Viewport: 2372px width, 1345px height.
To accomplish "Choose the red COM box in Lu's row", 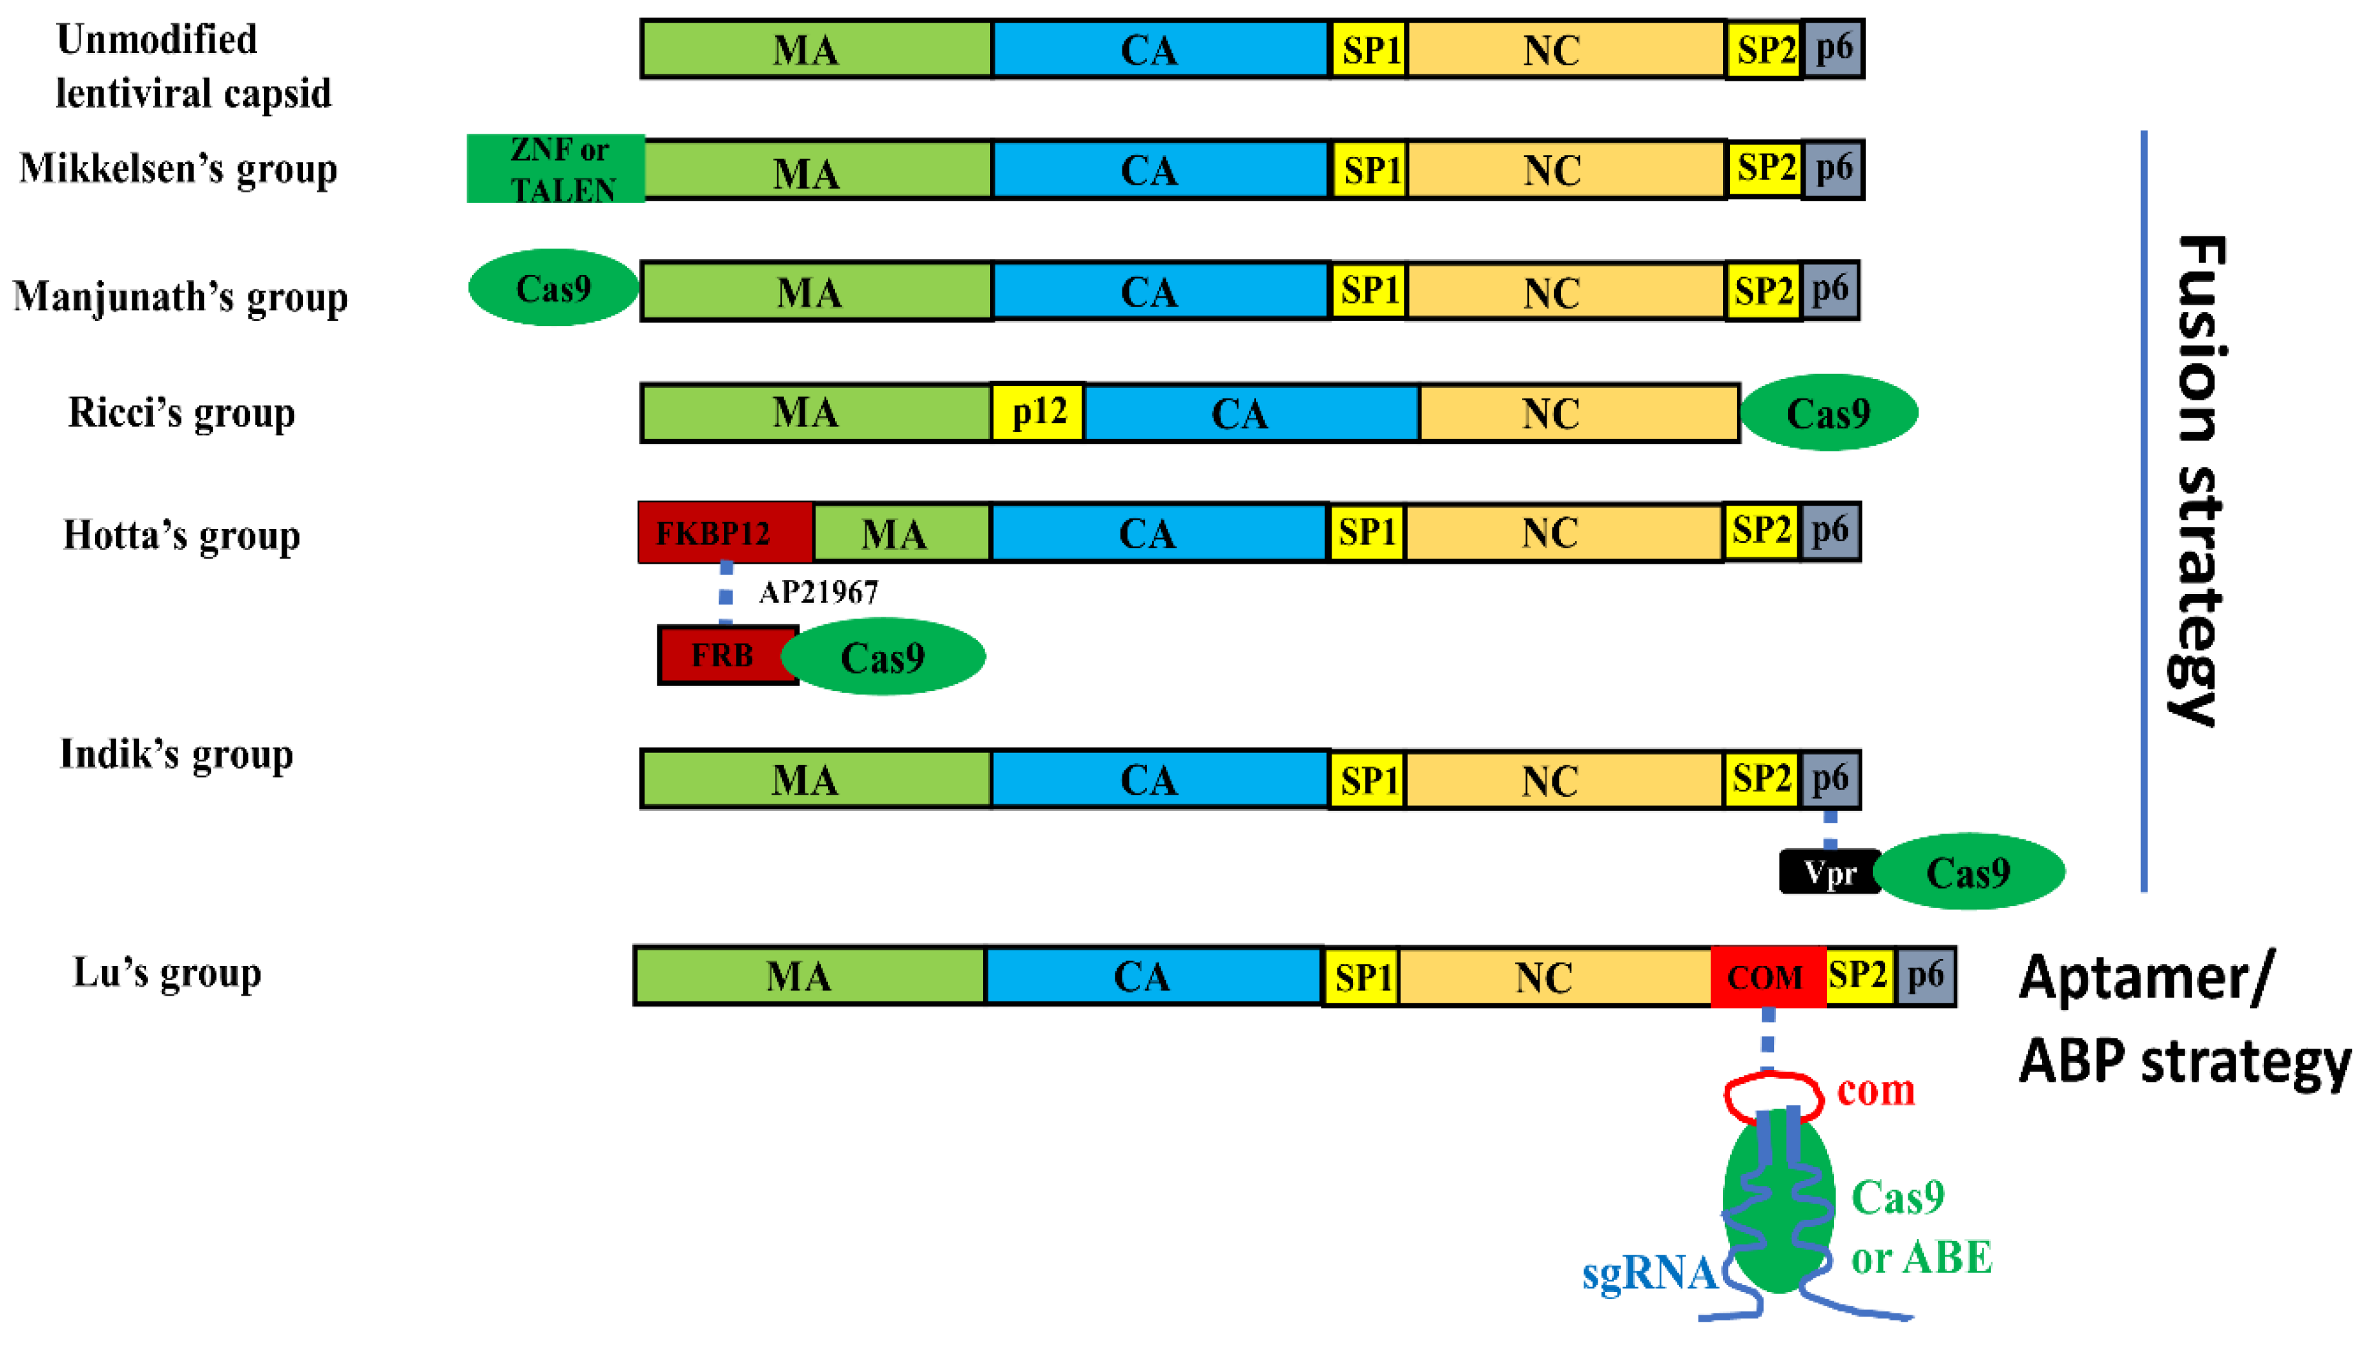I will point(1767,976).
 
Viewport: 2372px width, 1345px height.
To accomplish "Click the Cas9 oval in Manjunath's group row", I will point(553,288).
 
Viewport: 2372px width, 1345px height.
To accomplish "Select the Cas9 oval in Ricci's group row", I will point(1828,413).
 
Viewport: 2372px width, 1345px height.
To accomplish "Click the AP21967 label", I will point(818,592).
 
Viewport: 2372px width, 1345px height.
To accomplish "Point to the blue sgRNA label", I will point(1649,1274).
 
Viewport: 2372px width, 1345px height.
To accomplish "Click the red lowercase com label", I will point(1875,1091).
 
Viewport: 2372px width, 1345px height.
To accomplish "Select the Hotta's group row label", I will point(182,535).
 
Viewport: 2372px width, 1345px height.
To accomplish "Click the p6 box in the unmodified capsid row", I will point(1833,48).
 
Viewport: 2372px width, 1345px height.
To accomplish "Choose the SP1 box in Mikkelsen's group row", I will point(1370,170).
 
